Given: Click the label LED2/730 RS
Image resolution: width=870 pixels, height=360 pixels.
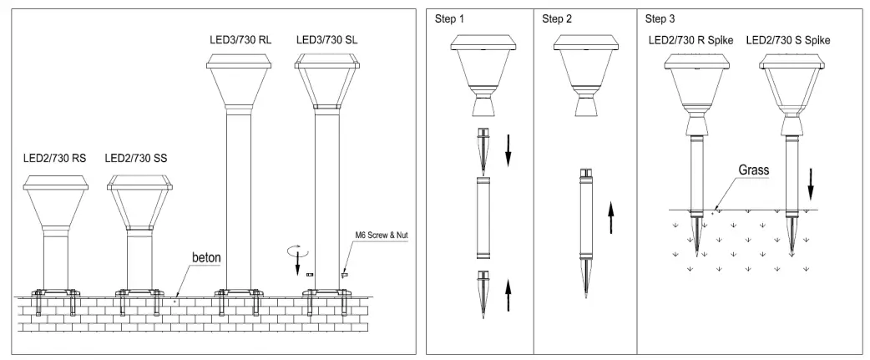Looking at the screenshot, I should click(54, 156).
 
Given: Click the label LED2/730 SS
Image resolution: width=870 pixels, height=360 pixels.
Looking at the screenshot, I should click(139, 156).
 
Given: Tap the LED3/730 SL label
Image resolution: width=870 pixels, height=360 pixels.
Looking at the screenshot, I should click(327, 38).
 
